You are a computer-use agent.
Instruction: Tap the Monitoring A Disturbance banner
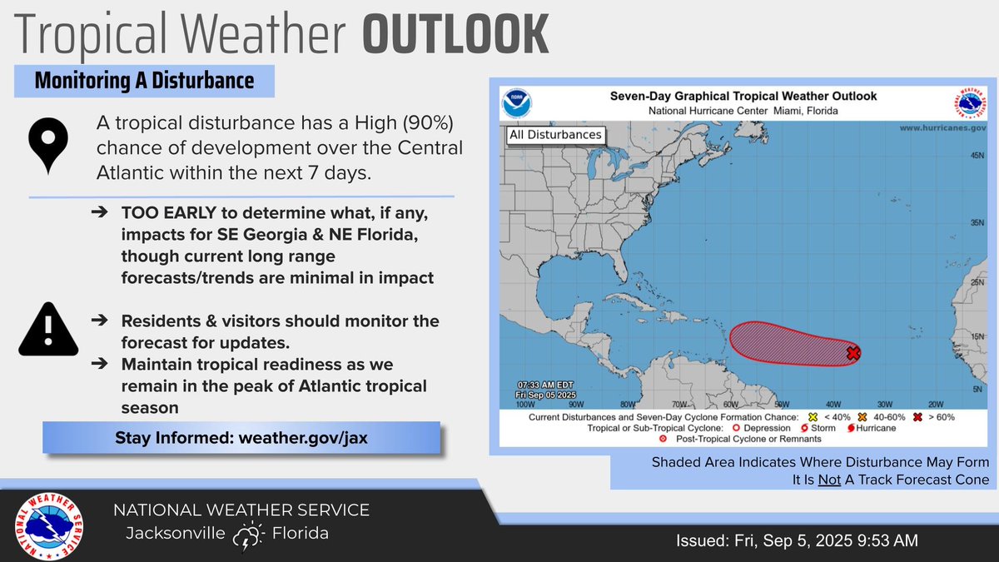[144, 82]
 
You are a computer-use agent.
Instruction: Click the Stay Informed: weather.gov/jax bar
[241, 439]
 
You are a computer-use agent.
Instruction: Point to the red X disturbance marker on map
[852, 353]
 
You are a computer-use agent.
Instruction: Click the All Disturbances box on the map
[555, 135]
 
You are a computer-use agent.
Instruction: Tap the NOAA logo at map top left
[516, 104]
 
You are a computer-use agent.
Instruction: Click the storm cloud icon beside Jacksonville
[248, 536]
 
